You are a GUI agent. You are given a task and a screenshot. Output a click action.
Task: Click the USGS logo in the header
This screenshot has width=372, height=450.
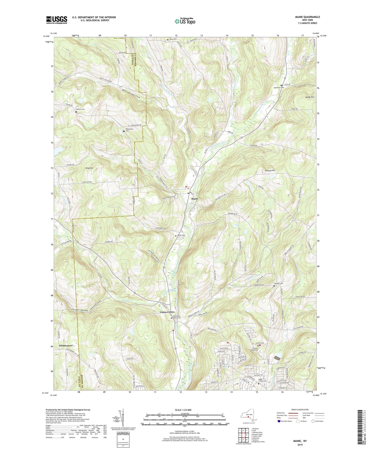(x=57, y=20)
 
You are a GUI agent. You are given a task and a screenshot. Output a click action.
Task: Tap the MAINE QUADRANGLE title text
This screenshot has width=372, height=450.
(x=308, y=17)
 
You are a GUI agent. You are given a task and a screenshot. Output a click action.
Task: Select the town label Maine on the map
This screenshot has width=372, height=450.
(x=195, y=199)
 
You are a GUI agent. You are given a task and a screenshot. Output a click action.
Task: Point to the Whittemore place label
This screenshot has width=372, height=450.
(x=68, y=345)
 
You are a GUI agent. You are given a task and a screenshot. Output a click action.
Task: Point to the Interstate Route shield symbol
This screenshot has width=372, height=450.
(x=280, y=421)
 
